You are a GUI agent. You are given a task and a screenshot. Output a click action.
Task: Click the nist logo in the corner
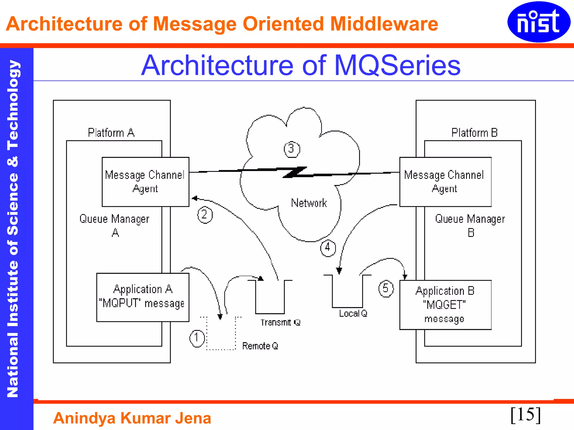pos(539,22)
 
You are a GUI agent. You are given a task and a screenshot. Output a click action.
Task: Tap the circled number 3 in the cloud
pos(292,149)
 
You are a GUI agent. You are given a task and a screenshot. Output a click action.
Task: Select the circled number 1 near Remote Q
pos(197,338)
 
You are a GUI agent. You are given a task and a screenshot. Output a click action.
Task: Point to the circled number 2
pos(205,215)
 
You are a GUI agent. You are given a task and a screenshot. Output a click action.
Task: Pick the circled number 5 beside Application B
pos(386,288)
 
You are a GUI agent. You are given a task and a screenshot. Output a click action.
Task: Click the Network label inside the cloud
pos(309,203)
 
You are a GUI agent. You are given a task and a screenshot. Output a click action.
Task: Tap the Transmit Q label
pos(280,322)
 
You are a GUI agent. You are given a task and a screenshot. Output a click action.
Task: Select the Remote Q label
pos(260,346)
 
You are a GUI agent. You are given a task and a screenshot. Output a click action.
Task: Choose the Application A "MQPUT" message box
pos(143,297)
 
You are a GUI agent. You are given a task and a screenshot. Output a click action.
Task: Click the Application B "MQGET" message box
pos(445,305)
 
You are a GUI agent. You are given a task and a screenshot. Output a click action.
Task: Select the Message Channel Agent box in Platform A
pos(145,182)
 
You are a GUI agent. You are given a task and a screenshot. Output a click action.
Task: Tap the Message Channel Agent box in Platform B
pos(445,182)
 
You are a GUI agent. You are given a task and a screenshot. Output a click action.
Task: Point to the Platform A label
pos(111,133)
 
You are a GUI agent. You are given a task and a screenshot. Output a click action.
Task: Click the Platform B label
pos(474,133)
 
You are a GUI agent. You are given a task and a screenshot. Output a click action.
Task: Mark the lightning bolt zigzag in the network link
pos(295,172)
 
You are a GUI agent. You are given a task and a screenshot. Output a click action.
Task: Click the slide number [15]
pos(526,415)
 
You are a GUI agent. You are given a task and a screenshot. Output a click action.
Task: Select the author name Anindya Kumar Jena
pos(132,418)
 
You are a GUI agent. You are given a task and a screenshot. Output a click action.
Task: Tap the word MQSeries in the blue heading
pos(397,66)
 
